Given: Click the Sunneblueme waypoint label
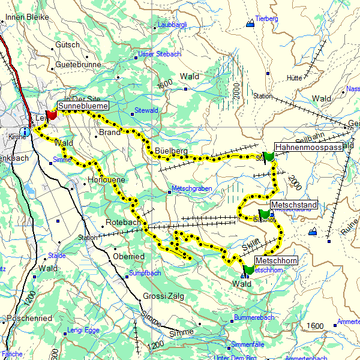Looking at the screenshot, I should [x=83, y=106].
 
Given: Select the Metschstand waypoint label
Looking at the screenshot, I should [x=293, y=205].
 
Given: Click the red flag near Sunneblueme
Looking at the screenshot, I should [x=51, y=114].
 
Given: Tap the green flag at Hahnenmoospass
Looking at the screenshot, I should [x=269, y=156].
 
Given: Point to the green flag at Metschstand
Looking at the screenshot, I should [x=264, y=214].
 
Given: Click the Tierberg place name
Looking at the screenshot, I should [x=267, y=19].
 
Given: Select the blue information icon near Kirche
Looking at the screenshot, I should [x=24, y=131].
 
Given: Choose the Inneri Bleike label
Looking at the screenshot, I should [x=25, y=18].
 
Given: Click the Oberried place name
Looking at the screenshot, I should [x=128, y=256].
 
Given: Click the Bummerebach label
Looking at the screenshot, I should [x=254, y=317].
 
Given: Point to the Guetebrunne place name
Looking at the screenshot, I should [x=78, y=64].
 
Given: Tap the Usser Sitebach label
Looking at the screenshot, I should [x=160, y=54].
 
